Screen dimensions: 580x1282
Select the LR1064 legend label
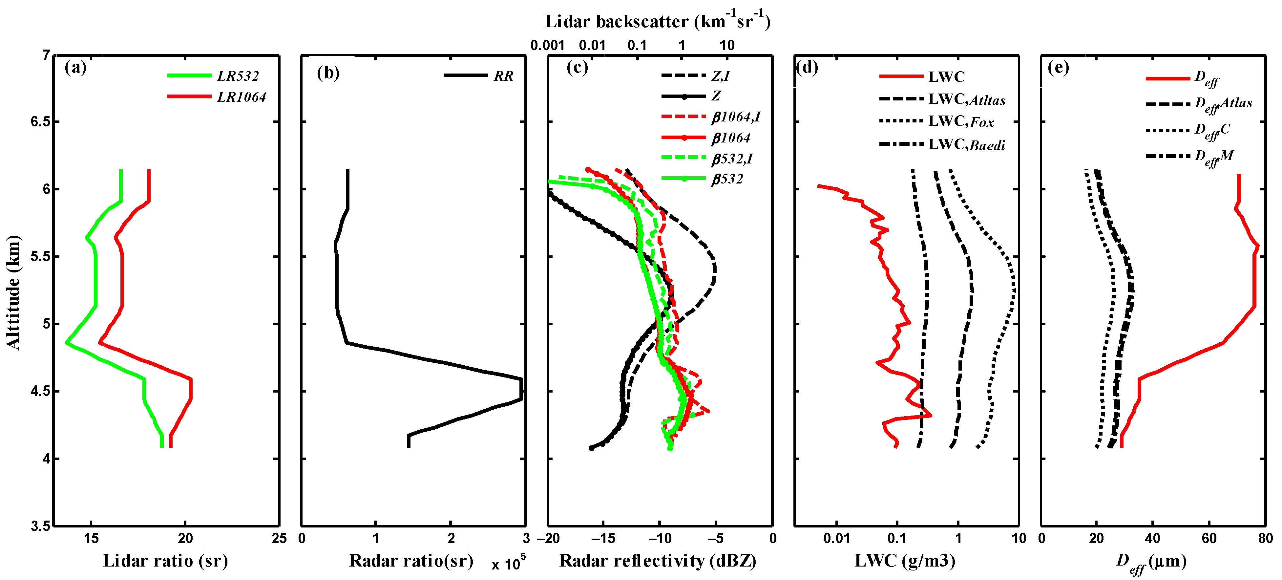coord(242,97)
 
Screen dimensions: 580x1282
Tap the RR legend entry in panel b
coord(503,76)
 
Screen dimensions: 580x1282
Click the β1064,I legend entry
coord(736,118)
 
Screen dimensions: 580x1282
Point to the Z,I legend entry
coord(720,76)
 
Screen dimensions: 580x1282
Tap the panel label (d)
coord(807,67)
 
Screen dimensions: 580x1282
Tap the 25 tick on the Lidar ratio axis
coord(279,539)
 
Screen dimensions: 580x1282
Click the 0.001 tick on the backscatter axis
coord(547,46)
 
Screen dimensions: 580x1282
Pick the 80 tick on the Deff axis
coord(1265,539)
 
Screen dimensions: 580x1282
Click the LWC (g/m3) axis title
coord(905,561)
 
